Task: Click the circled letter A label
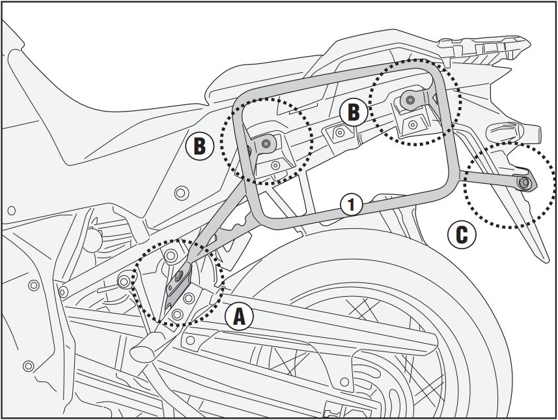pos(239,317)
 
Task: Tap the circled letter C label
pos(461,234)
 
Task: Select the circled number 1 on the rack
pos(351,204)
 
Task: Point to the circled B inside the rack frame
pos(352,112)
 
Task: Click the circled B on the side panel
pos(199,145)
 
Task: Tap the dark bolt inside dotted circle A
pos(177,276)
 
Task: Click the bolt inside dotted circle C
pos(524,183)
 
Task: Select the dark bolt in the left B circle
pos(266,143)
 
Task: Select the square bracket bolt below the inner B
pos(339,133)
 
